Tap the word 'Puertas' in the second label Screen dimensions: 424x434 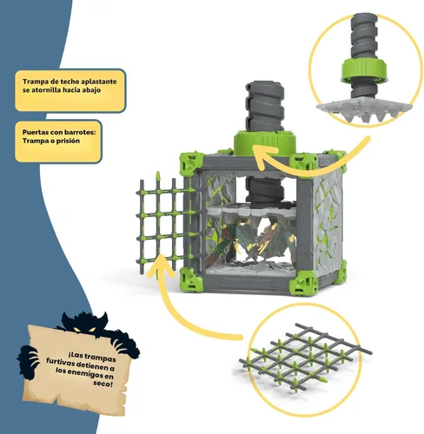(x=33, y=133)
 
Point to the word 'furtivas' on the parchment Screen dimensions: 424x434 (x=60, y=362)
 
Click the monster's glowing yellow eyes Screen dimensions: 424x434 (x=83, y=329)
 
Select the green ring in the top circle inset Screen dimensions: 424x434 (x=364, y=70)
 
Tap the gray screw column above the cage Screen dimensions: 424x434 (x=265, y=107)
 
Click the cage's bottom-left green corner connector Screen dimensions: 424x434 (x=191, y=279)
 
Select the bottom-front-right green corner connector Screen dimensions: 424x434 (x=303, y=283)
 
